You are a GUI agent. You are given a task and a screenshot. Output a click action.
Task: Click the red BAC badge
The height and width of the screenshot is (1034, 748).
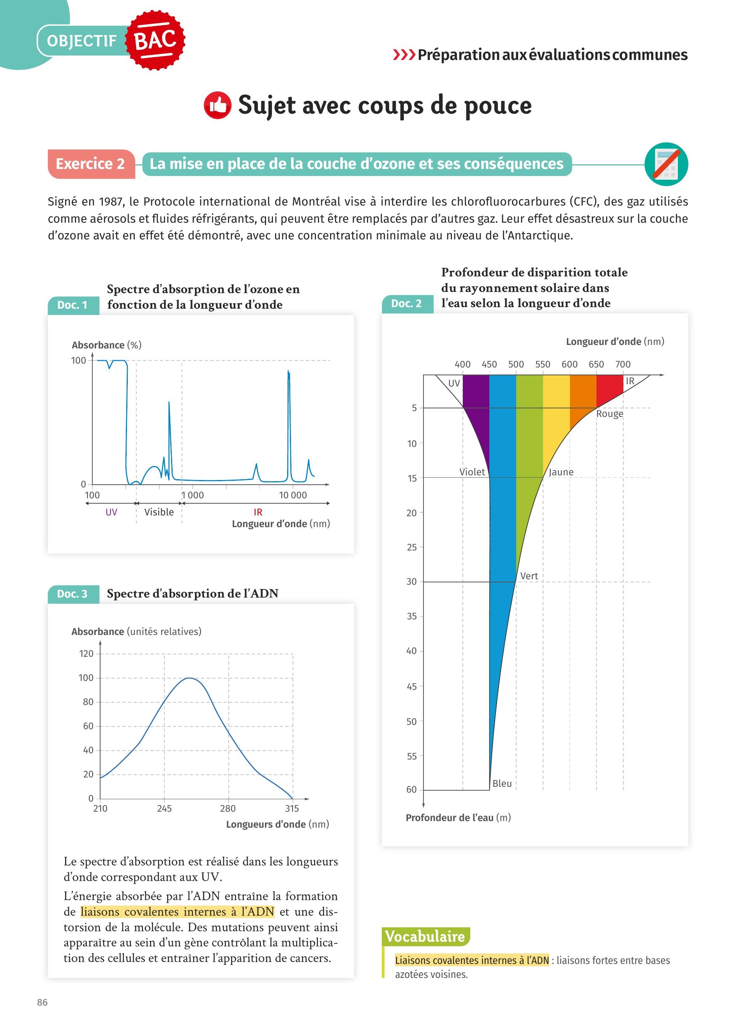[x=155, y=40]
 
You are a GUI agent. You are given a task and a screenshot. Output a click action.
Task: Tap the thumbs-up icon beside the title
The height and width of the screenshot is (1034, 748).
[x=217, y=106]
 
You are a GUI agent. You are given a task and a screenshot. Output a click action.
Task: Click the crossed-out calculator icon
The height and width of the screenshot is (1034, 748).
[x=666, y=164]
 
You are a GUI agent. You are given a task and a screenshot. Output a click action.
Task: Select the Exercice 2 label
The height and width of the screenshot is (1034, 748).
[x=90, y=164]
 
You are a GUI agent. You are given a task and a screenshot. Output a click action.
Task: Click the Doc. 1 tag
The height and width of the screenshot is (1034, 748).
[x=72, y=305]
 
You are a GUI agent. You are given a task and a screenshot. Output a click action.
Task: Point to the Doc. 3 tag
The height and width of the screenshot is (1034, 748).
[x=72, y=594]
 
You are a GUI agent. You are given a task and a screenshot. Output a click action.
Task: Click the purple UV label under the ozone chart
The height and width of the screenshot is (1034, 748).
[x=111, y=512]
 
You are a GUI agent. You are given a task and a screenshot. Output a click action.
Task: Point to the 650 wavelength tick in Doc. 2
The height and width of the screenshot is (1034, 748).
[x=596, y=364]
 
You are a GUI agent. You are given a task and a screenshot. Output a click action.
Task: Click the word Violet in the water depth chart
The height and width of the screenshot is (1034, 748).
[x=472, y=472]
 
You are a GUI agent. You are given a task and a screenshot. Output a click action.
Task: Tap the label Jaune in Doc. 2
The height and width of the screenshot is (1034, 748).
[x=561, y=472]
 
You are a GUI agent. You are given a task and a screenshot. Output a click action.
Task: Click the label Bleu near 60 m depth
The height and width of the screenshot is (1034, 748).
[x=502, y=783]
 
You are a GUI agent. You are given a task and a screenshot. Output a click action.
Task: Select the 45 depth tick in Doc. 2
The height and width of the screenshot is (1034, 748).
[x=411, y=686]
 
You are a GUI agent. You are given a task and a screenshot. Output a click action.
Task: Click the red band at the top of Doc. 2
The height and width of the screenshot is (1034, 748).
[x=609, y=387]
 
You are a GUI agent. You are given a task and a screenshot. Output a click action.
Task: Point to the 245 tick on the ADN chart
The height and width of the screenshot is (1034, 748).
[x=164, y=808]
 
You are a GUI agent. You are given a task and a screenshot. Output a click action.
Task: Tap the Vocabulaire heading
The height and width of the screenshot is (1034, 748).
[x=425, y=936]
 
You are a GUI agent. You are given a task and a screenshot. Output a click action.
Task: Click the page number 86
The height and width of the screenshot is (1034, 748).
[x=42, y=1002]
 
